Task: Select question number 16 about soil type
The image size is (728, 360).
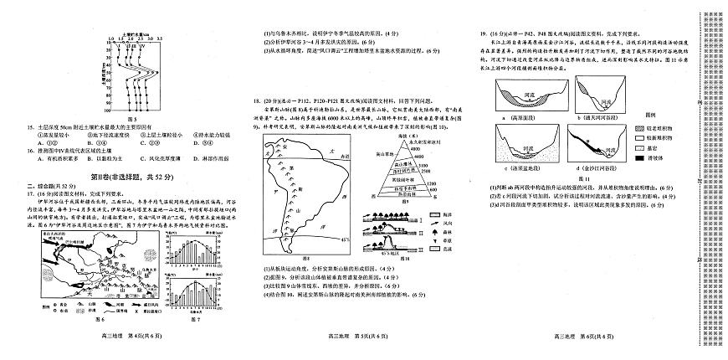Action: tap(31, 150)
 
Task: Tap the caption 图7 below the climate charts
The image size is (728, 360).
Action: tap(197, 318)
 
